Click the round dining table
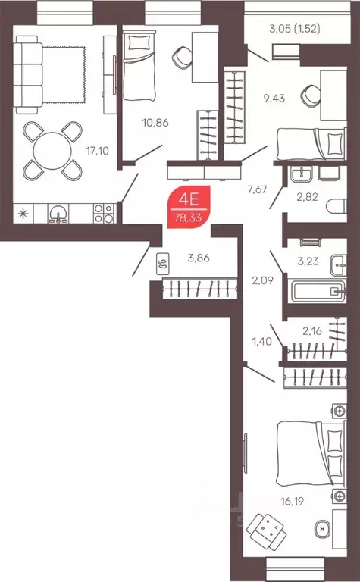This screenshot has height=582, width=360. tap(52, 149)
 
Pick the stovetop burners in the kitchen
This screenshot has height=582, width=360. tap(102, 214)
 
